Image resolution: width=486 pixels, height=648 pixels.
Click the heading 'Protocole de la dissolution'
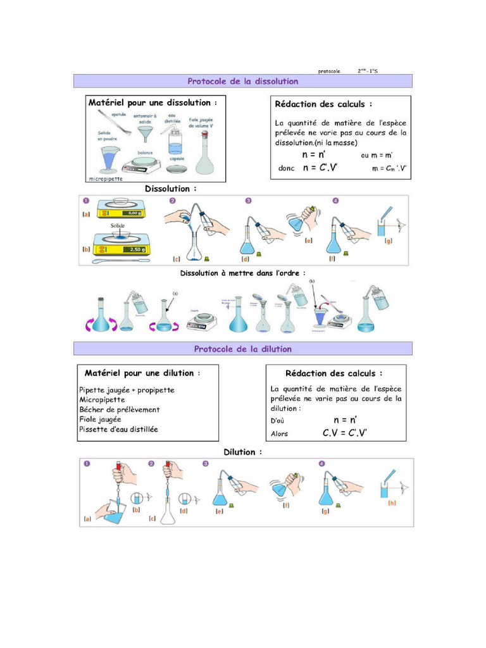click(242, 81)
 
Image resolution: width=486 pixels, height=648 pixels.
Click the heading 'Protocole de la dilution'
click(242, 349)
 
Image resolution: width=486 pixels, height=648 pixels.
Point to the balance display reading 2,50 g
click(135, 249)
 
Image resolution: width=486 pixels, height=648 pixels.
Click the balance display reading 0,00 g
click(133, 213)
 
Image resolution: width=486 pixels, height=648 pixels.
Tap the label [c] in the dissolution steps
click(177, 259)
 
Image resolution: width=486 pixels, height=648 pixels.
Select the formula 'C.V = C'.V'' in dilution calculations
click(345, 433)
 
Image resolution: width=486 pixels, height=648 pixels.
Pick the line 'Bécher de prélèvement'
click(120, 409)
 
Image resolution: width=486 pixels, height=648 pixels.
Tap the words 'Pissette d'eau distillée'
click(119, 429)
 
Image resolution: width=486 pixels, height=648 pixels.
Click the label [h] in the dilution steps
click(392, 504)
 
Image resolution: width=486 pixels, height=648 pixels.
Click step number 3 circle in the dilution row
click(206, 464)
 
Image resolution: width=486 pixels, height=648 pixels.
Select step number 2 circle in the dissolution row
click(172, 201)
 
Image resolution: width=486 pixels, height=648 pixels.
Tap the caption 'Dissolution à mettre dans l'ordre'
click(242, 273)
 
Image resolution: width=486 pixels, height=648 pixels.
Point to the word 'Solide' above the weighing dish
click(118, 225)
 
